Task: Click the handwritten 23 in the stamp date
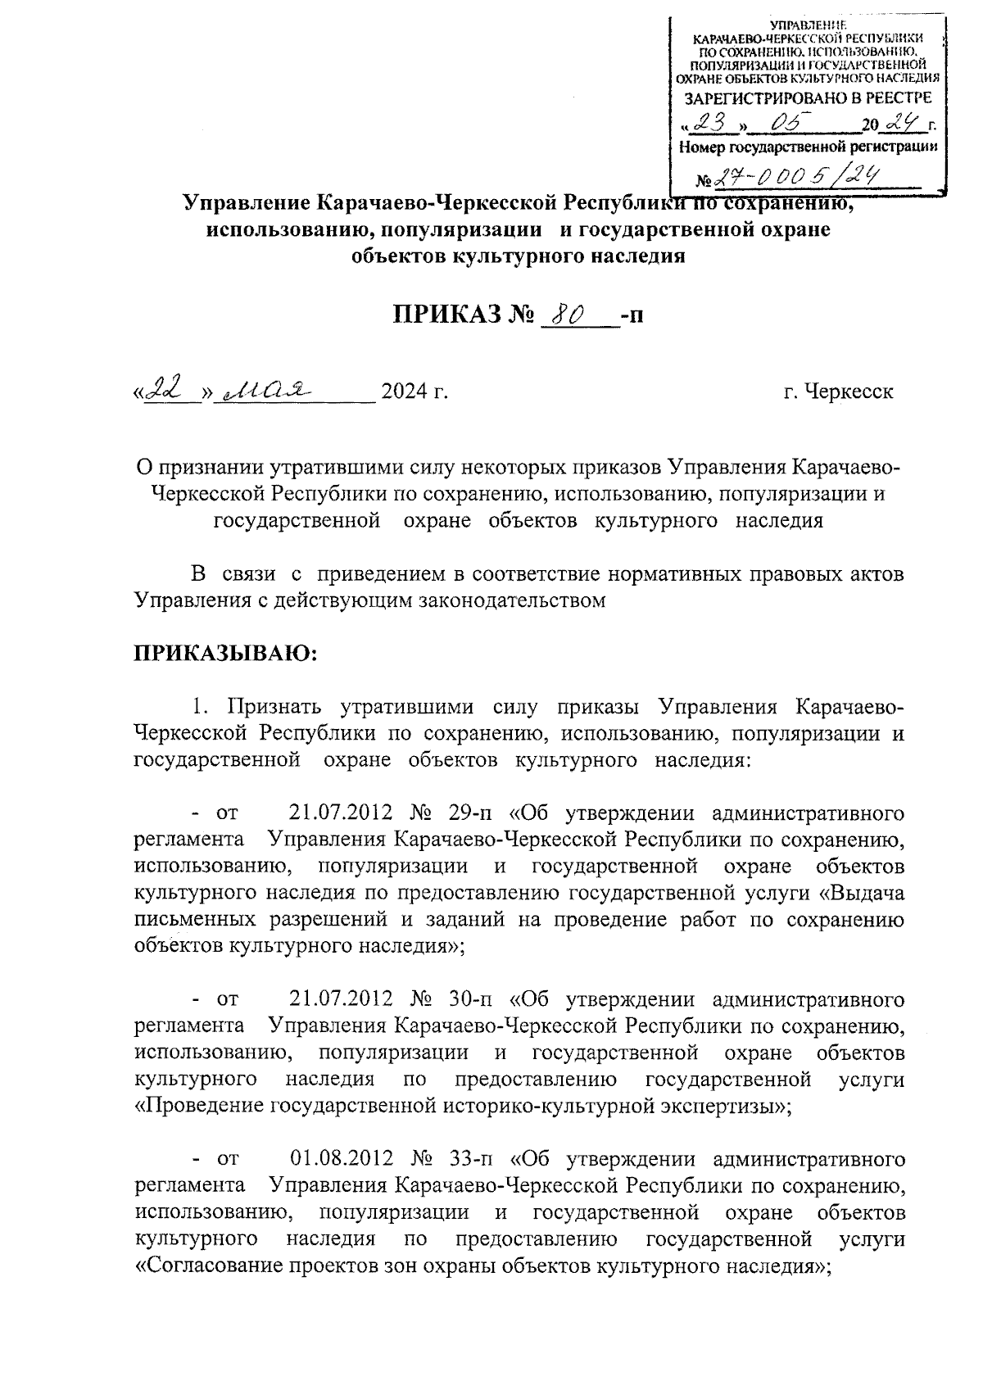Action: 709,125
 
